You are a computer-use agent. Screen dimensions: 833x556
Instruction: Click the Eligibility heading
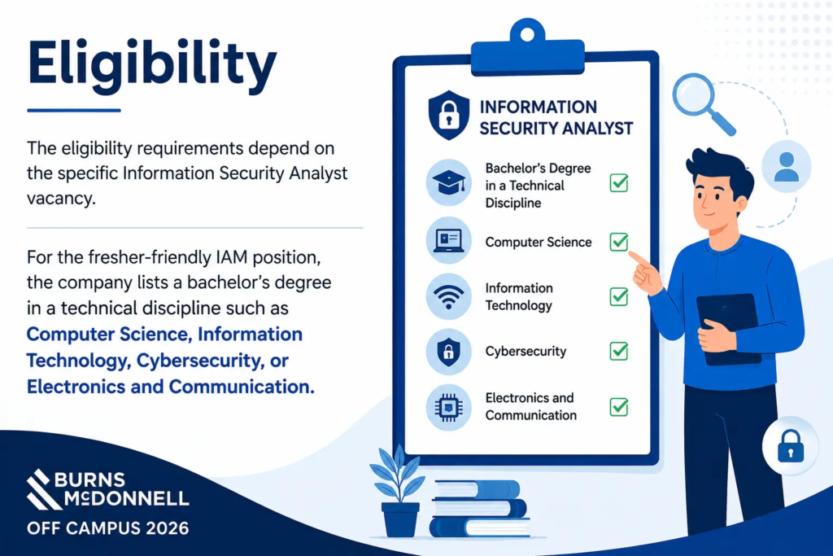tap(152, 65)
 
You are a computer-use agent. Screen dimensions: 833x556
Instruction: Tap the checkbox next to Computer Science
tap(619, 241)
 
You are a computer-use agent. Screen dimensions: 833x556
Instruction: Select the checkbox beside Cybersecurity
tap(619, 351)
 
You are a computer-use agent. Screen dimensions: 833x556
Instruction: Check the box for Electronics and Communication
tap(619, 407)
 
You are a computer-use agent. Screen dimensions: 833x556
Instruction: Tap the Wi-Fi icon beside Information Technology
tap(449, 296)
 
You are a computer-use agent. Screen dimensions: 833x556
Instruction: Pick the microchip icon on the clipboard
tap(449, 408)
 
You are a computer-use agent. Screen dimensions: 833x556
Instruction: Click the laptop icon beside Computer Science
tap(449, 240)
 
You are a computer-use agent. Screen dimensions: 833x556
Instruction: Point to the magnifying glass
tap(702, 103)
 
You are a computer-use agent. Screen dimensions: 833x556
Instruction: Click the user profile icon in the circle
tap(787, 166)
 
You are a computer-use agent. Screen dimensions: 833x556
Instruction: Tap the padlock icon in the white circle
tap(791, 446)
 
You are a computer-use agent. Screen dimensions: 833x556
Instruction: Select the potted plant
tap(399, 492)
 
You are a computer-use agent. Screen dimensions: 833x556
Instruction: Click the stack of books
tap(479, 509)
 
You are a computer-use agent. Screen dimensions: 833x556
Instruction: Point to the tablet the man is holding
tap(728, 329)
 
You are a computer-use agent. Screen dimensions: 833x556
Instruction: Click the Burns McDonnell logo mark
tap(41, 489)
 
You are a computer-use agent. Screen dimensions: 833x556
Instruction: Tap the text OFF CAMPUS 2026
tap(108, 528)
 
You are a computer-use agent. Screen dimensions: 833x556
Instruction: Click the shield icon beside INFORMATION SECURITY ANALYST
tap(449, 116)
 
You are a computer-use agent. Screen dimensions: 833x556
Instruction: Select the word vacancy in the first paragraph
tap(61, 199)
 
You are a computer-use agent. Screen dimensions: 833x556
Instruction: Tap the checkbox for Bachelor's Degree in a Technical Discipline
tap(619, 183)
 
